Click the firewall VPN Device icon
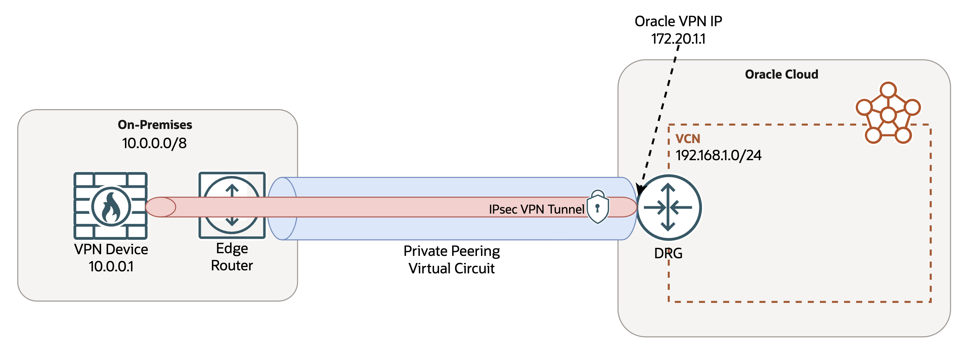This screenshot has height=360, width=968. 110,206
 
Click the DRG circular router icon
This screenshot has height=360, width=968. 668,207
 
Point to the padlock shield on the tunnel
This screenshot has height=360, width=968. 598,208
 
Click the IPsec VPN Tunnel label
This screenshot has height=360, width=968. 536,209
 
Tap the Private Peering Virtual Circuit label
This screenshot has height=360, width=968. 451,259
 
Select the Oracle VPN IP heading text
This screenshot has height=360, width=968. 678,21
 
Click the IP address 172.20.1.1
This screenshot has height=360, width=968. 678,39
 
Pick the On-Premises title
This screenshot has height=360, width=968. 155,124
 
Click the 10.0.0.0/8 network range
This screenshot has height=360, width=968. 154,143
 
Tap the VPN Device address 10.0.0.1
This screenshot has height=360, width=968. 111,266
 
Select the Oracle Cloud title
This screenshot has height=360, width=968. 781,75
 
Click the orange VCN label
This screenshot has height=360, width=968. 687,139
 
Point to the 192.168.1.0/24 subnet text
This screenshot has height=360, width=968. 718,155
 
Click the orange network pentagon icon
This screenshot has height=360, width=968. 888,114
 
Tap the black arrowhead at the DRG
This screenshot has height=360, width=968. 640,189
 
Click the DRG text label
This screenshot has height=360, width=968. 668,253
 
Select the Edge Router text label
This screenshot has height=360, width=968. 232,257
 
